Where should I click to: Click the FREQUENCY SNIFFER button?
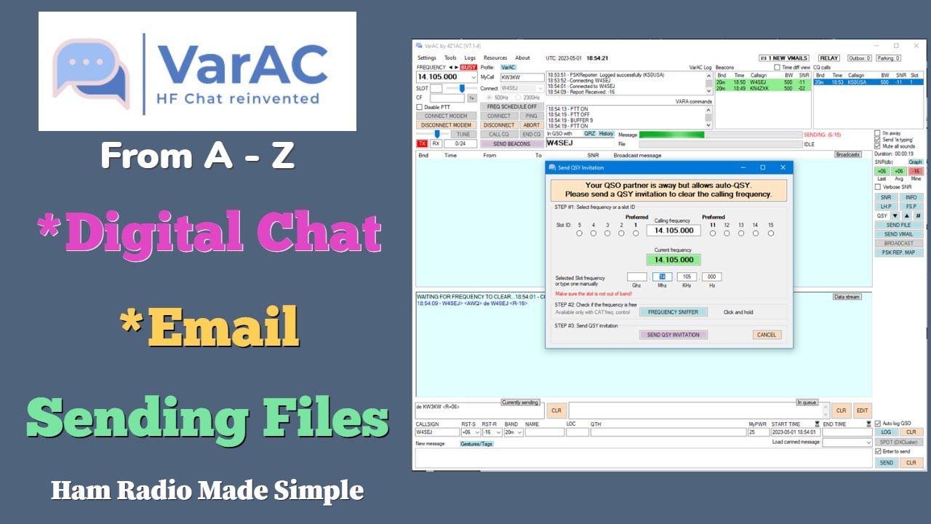[673, 312]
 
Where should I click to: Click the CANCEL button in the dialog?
[767, 335]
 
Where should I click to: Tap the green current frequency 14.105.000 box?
[673, 259]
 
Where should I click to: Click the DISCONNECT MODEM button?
[446, 125]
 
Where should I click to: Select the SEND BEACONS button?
[511, 144]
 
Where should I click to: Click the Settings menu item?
[427, 58]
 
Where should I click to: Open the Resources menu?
[495, 58]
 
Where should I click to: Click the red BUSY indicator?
[468, 67]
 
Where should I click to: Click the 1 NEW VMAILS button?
[784, 58]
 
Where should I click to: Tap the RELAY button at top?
[828, 58]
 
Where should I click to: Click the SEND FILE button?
[898, 226]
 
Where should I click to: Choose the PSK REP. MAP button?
[898, 253]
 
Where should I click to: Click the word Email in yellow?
[226, 327]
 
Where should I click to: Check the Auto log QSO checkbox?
[878, 423]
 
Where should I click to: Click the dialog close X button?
[783, 167]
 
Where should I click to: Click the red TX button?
[422, 144]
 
